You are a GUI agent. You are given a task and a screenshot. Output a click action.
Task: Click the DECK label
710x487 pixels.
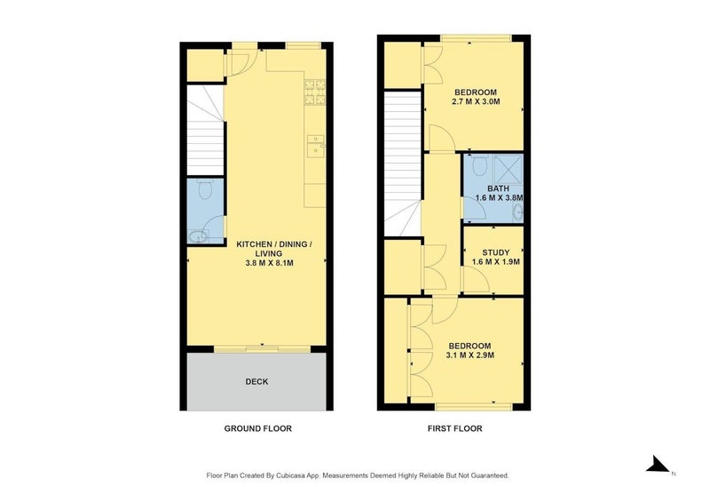[x=257, y=381]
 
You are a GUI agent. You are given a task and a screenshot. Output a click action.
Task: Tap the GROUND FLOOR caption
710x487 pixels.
[x=257, y=428]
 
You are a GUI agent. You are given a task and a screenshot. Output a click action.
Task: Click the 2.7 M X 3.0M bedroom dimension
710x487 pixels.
[x=477, y=102]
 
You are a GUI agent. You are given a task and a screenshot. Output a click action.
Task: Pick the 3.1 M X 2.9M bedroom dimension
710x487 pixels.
[x=470, y=355]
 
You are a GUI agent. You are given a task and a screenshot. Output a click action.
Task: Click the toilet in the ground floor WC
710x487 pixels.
[x=205, y=188]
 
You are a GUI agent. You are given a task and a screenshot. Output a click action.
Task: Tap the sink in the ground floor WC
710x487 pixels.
[x=198, y=236]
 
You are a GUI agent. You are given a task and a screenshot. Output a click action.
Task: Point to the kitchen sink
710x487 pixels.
[x=315, y=145]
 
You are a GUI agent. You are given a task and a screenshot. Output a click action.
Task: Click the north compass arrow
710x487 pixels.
[x=658, y=463]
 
